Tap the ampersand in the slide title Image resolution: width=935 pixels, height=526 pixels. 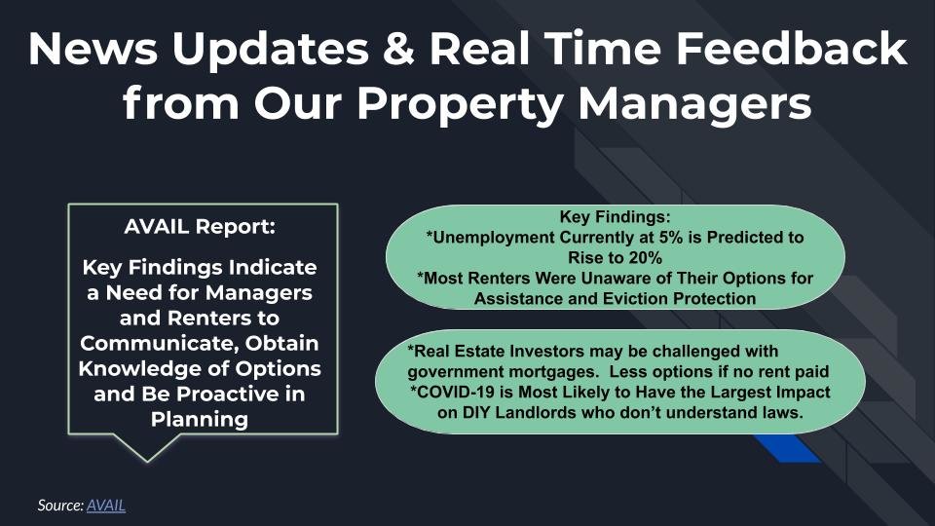tap(399, 49)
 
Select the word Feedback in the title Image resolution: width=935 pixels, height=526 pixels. tap(791, 49)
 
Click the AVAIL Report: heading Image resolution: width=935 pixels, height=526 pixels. tap(200, 227)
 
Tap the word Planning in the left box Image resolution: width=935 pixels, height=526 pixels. tap(200, 420)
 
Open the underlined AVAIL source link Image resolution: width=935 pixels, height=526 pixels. tap(106, 506)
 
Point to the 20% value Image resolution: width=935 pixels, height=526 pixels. tap(647, 257)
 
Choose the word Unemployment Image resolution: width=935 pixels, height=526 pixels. tap(494, 238)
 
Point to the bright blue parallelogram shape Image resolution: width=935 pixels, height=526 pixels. tap(786, 448)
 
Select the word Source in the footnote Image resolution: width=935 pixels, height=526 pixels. tap(60, 506)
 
